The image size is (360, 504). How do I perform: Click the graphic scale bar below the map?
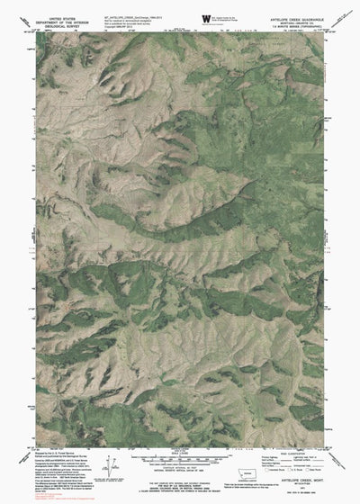point(179,457)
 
